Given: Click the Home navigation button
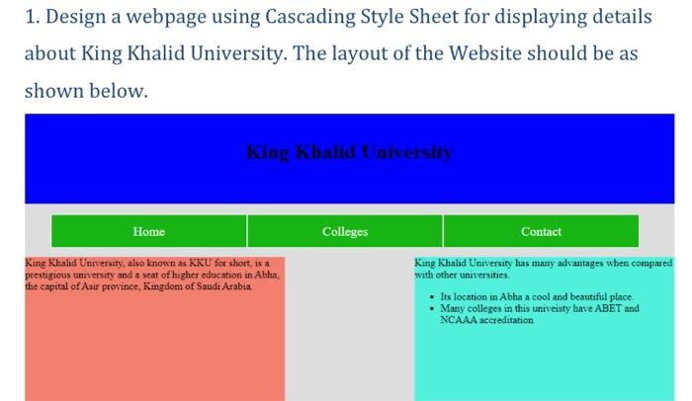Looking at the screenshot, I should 148,231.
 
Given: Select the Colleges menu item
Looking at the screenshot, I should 345,231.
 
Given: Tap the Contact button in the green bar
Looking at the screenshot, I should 541,231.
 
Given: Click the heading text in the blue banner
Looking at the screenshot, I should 349,152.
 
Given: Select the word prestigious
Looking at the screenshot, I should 47,276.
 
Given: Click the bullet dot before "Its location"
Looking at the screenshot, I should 432,297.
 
